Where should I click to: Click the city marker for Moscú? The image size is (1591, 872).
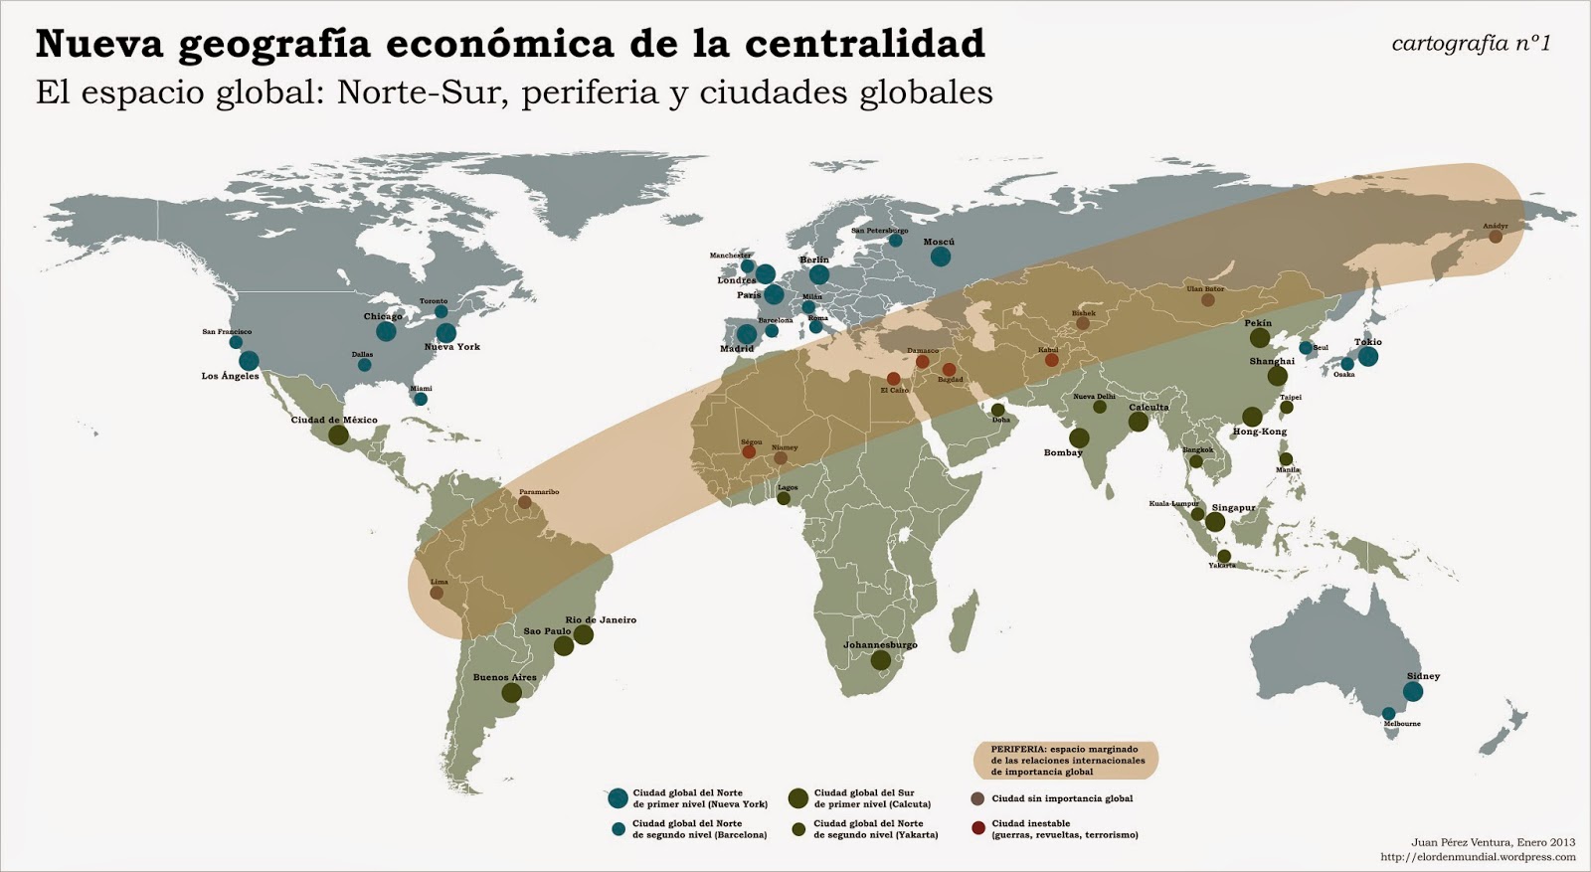(x=940, y=258)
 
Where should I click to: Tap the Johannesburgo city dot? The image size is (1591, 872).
(x=880, y=660)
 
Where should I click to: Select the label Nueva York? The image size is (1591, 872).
(x=451, y=347)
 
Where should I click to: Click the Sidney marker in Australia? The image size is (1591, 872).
(x=1413, y=692)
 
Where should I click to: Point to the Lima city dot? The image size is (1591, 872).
(x=437, y=593)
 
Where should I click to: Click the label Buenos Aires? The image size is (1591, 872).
(x=504, y=677)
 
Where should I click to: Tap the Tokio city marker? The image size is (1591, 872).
(x=1368, y=357)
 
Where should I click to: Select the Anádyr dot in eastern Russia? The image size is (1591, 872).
(x=1496, y=237)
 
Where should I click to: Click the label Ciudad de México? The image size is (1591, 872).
(x=334, y=420)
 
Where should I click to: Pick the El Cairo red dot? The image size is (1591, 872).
(x=893, y=379)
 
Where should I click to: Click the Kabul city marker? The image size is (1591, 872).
(x=1051, y=361)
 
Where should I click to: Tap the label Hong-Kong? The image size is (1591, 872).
(x=1259, y=432)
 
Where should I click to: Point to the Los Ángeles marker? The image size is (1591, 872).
(x=249, y=361)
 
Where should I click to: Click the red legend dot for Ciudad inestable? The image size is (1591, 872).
(x=977, y=828)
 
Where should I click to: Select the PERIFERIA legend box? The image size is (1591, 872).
(x=1065, y=759)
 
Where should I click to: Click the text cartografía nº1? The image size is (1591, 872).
(x=1471, y=43)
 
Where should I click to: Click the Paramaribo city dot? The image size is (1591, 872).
(x=524, y=503)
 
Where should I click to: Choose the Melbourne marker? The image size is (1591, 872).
(x=1389, y=713)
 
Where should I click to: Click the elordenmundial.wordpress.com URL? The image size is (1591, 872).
(x=1478, y=856)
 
